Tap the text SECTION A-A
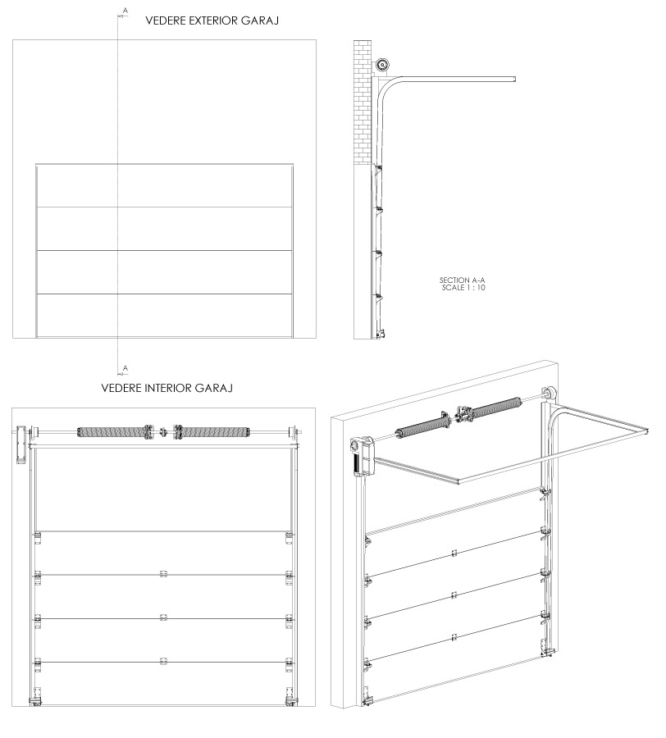[x=463, y=280]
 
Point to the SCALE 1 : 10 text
[x=463, y=288]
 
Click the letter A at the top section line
[x=125, y=10]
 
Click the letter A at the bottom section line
[x=125, y=368]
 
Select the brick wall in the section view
[x=363, y=102]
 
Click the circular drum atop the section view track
[x=383, y=65]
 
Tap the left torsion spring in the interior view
[x=111, y=432]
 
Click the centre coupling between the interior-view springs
[x=163, y=431]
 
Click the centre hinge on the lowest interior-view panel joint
[x=163, y=661]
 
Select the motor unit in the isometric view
[x=362, y=457]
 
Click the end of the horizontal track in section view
[x=515, y=79]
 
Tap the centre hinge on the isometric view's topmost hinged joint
[x=454, y=553]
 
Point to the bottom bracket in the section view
[x=381, y=333]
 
